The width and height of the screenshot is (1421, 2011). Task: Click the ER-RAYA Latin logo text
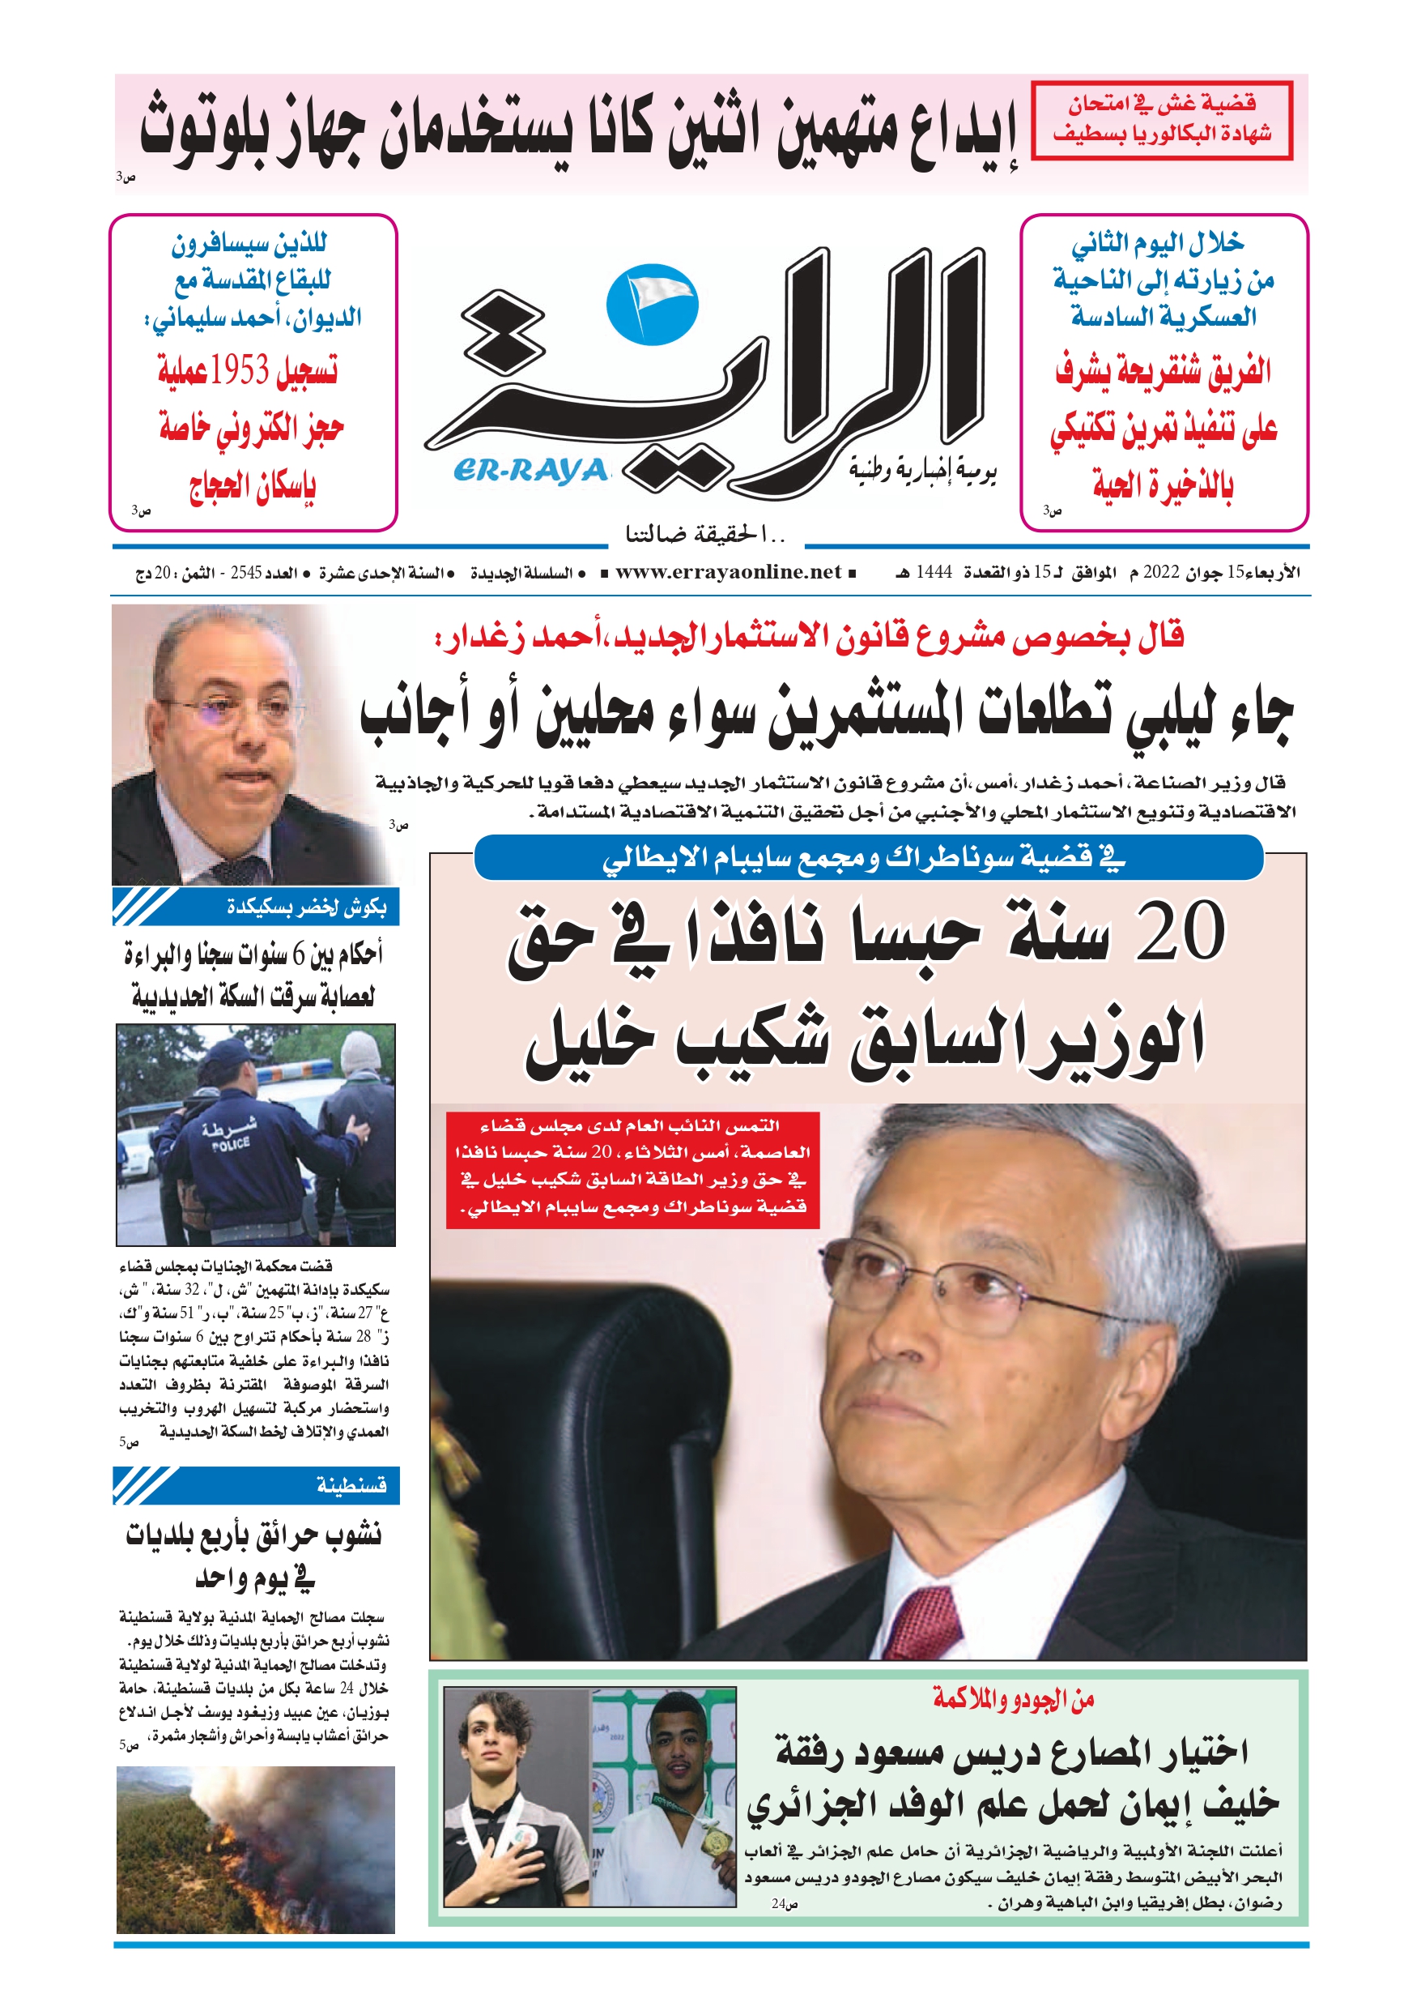[530, 472]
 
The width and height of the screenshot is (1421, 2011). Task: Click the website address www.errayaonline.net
[728, 573]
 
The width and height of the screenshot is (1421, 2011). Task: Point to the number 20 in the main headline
[1180, 931]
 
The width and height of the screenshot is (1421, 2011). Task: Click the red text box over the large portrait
[632, 1170]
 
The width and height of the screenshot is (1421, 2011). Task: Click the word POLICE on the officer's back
[231, 1144]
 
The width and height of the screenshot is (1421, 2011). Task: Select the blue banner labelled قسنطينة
[256, 1485]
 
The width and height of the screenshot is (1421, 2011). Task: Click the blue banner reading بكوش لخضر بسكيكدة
[256, 907]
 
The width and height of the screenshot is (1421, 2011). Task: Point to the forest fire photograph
[256, 1861]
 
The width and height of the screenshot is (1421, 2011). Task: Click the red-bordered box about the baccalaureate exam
[1162, 120]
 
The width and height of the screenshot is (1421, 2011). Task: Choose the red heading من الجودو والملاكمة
[1013, 1700]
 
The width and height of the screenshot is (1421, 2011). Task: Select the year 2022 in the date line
[1161, 573]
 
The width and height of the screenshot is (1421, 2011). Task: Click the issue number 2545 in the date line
[246, 573]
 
